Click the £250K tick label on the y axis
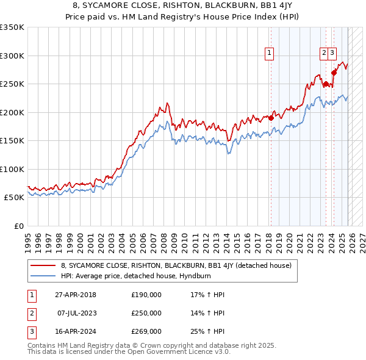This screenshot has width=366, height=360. pos(12,84)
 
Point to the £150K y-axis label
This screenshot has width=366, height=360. pos(12,140)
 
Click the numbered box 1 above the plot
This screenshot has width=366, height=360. pos(269,53)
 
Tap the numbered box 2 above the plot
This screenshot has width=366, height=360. pos(323,53)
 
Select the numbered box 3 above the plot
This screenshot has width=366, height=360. pos(332,53)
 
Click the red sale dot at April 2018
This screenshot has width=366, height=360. pos(270,118)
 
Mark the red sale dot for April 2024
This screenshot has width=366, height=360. pos(334,73)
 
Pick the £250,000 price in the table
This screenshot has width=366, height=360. pos(146,313)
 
